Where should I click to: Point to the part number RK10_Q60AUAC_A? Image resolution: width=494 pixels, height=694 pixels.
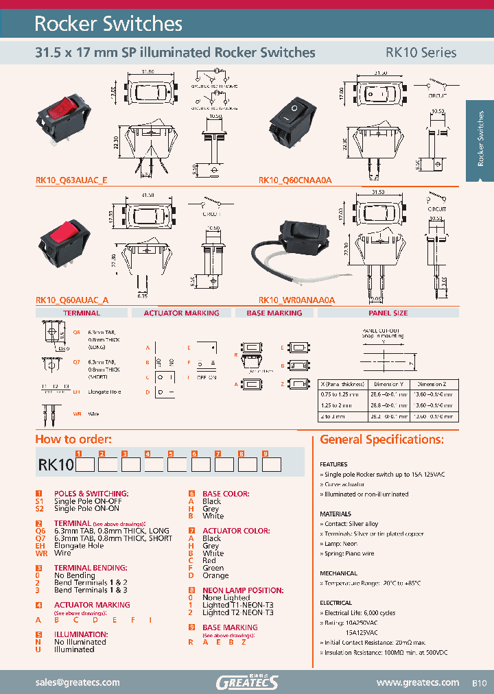point(71,300)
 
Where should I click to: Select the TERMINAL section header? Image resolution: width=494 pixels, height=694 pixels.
point(82,313)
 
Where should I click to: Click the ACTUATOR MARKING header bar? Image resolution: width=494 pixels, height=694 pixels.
point(181,313)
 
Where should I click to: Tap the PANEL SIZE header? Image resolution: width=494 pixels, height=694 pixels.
point(388,313)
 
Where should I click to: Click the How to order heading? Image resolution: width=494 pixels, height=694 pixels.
point(73,440)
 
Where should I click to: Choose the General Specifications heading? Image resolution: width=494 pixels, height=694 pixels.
point(381,440)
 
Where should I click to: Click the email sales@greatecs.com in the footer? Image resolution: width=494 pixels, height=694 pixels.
point(77,682)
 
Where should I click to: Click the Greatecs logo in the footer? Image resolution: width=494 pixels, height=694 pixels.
point(247,682)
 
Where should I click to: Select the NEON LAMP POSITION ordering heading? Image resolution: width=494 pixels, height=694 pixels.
point(238,590)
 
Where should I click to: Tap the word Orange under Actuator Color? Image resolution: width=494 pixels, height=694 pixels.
point(215,575)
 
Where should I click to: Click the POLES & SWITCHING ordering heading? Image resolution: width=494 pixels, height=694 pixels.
point(91,494)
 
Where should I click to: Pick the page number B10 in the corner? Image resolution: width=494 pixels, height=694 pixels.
point(479,683)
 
